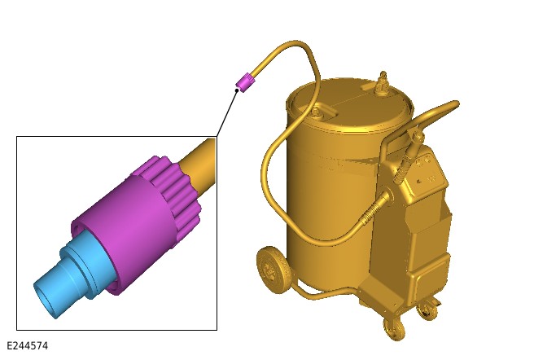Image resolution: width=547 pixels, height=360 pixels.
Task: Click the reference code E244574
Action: (27, 345)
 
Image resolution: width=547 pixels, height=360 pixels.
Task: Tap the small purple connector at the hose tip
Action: (245, 82)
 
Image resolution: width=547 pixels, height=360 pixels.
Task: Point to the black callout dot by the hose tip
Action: (237, 90)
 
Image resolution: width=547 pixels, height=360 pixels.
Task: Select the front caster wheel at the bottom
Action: (394, 329)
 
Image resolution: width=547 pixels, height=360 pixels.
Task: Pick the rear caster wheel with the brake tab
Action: (428, 309)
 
